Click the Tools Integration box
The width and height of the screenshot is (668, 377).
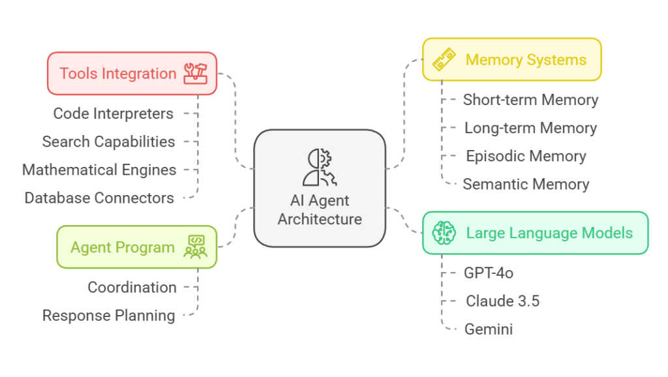coord(132,74)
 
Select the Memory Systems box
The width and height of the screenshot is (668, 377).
coord(511,60)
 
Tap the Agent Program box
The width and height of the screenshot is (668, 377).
coord(136,247)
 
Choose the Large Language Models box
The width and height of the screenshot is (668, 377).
coord(535,233)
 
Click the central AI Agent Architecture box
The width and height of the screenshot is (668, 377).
coord(320,188)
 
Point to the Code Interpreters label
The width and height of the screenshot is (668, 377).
coord(114,113)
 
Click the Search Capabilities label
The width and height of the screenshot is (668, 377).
coord(108,142)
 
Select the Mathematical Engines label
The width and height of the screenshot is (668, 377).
coord(99,170)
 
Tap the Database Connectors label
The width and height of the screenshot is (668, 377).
coord(99,198)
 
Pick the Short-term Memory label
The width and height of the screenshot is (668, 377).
coord(530,100)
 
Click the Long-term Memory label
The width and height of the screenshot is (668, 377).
coord(530,128)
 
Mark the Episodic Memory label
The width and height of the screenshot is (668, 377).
coord(526,156)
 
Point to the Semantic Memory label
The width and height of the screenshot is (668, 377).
coord(526,184)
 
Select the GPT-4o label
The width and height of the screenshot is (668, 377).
coord(489,273)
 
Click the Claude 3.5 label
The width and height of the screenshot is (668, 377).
coord(502,301)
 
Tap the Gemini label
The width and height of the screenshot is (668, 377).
coord(489,329)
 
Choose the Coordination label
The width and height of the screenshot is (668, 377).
coord(132,287)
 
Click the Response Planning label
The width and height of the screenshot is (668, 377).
coord(108,316)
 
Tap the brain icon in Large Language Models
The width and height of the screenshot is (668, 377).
coord(444,233)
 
